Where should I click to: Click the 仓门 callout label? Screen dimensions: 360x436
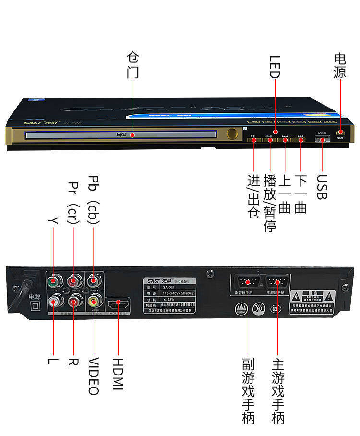click(x=132, y=65)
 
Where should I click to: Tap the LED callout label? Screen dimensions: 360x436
click(x=274, y=67)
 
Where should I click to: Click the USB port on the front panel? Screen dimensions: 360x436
click(x=322, y=139)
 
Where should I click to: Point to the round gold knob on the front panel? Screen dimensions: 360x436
click(x=232, y=134)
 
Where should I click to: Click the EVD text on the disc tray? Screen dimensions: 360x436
click(x=121, y=135)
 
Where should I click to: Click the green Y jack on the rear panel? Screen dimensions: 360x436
click(x=53, y=279)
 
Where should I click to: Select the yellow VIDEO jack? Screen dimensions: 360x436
click(x=94, y=301)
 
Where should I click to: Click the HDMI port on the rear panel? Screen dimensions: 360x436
click(x=118, y=304)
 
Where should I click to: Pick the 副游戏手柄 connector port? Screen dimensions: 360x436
click(x=247, y=282)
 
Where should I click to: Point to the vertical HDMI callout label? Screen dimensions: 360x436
click(x=118, y=374)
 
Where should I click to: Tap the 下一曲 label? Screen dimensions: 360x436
click(x=300, y=194)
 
